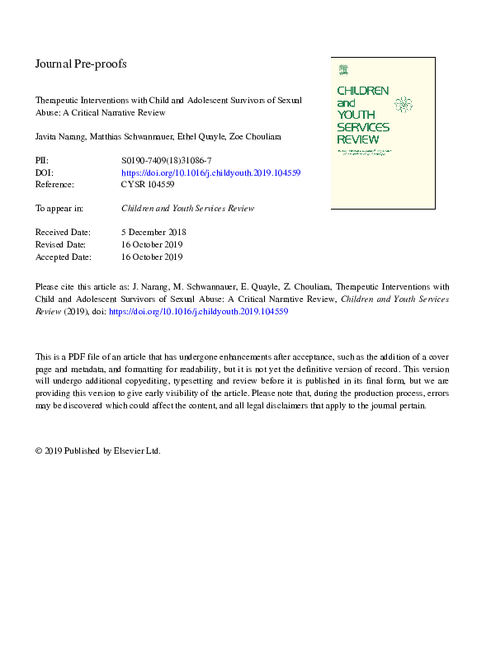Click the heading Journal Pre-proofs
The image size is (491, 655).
81,64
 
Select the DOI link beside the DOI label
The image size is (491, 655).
210,173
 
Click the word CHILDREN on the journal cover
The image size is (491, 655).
362,89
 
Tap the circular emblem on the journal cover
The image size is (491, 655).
404,105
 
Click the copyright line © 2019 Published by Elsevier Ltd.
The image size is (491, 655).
97,451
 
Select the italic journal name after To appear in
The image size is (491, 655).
187,209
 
